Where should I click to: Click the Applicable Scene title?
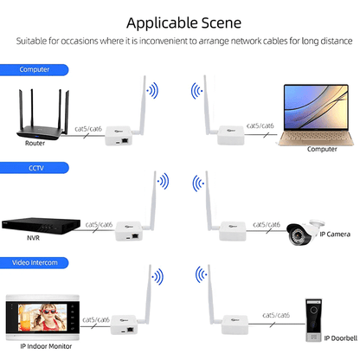(x=180, y=22)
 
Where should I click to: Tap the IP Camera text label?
(x=334, y=234)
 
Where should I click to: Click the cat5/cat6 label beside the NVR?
(x=99, y=223)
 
